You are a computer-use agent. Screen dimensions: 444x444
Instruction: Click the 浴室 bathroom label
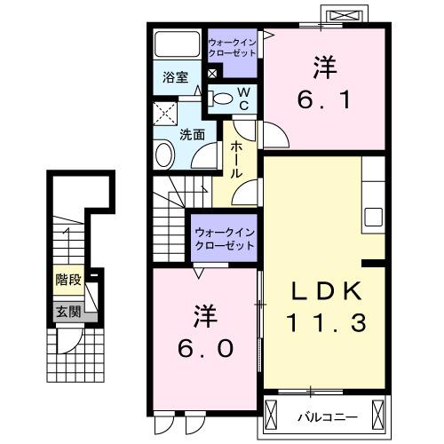(175, 77)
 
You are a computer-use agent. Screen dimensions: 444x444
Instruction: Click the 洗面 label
(193, 135)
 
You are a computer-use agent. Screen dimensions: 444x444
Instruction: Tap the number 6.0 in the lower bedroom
(203, 333)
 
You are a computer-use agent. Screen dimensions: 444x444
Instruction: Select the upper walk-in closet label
(232, 47)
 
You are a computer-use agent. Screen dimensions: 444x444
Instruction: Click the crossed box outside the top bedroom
(345, 16)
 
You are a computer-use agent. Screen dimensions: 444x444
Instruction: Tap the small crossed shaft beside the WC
(210, 74)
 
